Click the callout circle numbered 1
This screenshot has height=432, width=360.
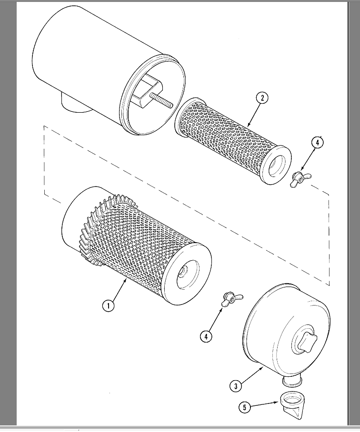coord(109,305)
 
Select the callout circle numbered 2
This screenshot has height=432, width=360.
coord(261,98)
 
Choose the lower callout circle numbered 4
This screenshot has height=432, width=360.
coord(206,336)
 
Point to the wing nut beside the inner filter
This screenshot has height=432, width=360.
coord(300,178)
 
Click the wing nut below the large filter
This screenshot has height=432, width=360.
coord(231,299)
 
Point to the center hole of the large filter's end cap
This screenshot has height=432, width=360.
coord(184,275)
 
